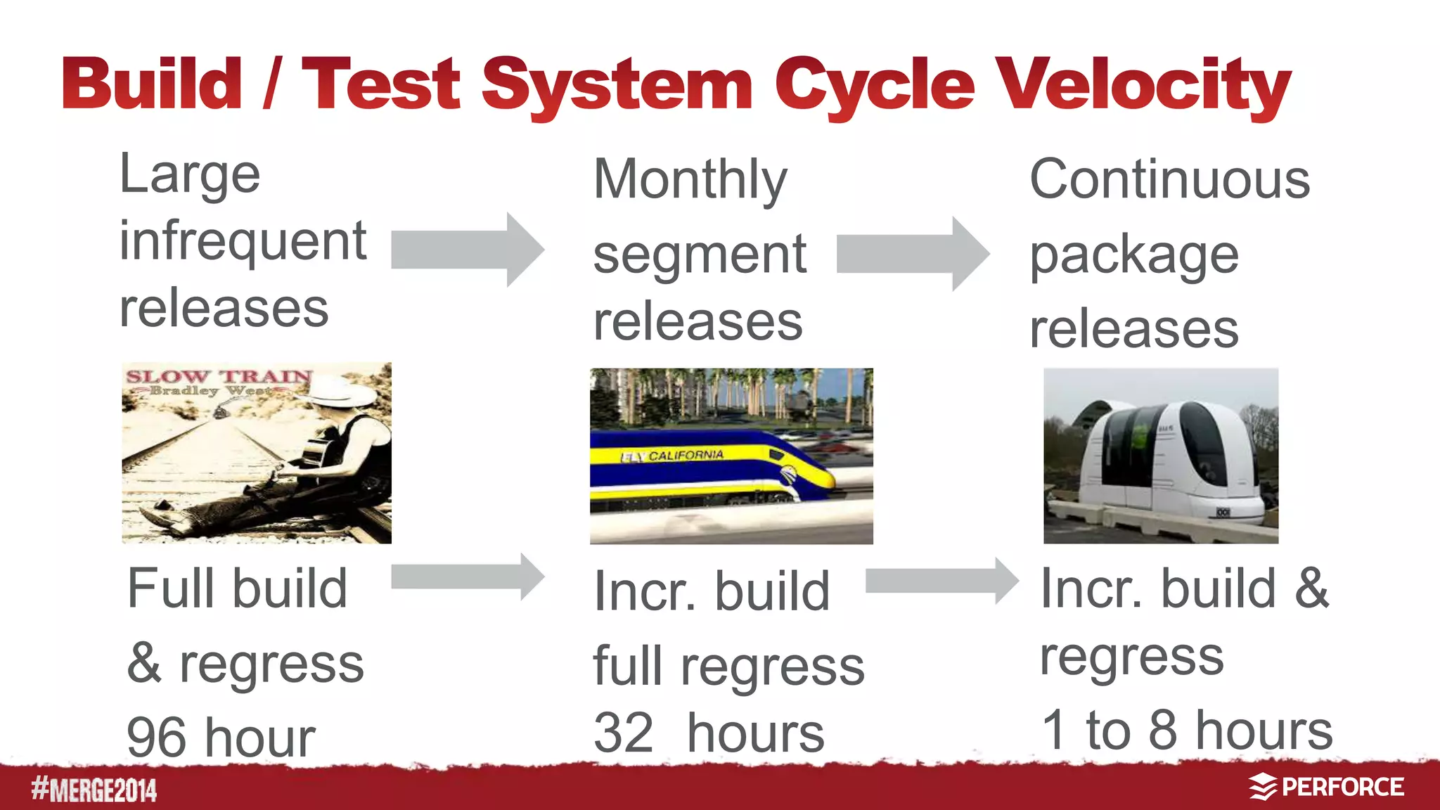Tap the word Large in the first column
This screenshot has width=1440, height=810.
[x=190, y=174]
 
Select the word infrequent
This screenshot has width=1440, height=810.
[x=243, y=241]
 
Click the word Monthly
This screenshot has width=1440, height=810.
[x=690, y=180]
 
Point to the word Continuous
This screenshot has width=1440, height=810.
[x=1169, y=179]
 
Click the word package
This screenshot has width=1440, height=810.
[x=1133, y=255]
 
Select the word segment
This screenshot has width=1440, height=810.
[x=700, y=255]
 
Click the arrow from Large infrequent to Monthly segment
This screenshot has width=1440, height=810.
[x=467, y=250]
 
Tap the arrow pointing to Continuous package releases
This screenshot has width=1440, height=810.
[x=912, y=254]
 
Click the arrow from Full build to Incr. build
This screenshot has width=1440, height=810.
[x=467, y=577]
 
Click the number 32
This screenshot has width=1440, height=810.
[x=624, y=733]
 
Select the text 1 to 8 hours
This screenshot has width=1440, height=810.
[x=1186, y=730]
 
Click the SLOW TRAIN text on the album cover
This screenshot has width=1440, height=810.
[x=219, y=376]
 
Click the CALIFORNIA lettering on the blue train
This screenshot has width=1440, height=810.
[x=685, y=456]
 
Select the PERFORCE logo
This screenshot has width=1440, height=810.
[x=1326, y=787]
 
